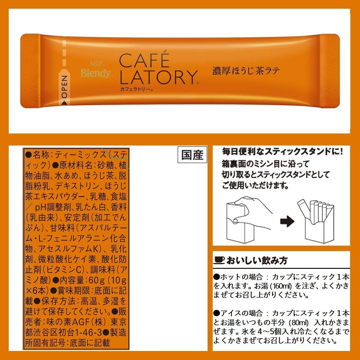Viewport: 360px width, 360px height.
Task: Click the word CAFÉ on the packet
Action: point(144,59)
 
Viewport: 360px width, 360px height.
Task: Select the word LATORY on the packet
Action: point(158,77)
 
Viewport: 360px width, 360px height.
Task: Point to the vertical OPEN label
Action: point(64,86)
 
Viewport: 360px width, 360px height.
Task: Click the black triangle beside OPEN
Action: point(64,102)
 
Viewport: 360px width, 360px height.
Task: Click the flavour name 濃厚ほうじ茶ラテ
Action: point(246,71)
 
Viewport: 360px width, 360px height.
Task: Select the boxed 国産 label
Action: point(192,155)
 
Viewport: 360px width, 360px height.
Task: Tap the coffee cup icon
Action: point(219,260)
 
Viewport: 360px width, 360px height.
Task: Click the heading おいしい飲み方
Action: point(257,260)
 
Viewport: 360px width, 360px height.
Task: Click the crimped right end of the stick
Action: point(330,71)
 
